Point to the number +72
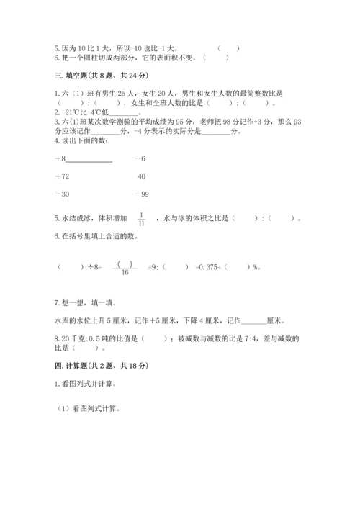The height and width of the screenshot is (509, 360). [62, 176]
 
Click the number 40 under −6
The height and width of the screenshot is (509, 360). [141, 176]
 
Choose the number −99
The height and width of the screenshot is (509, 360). [141, 194]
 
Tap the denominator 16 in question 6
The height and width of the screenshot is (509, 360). [125, 271]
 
